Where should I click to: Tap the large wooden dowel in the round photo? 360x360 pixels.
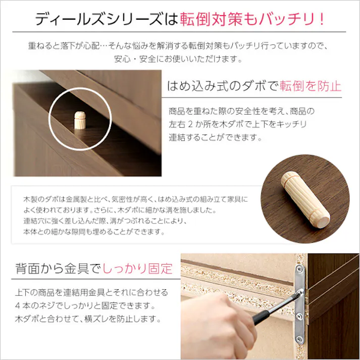tap(302, 198)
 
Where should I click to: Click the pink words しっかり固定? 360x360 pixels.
tap(137, 268)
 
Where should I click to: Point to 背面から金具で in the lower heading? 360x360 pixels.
tap(59, 268)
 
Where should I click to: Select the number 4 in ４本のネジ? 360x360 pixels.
tap(19, 306)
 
